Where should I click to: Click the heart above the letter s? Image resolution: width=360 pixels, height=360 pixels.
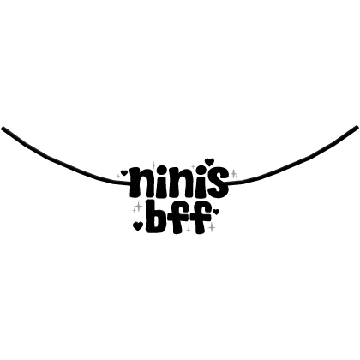pos(210,162)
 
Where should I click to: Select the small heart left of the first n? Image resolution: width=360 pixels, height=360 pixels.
pos(123,172)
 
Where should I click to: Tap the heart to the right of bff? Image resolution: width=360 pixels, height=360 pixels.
pos(216,212)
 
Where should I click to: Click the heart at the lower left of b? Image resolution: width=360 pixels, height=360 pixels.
pos(138,225)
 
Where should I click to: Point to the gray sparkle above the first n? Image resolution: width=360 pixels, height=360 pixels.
pos(153,165)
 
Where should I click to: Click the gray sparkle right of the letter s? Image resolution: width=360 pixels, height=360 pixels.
pos(234,173)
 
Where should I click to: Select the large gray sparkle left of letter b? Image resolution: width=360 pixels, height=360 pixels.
pos(139,206)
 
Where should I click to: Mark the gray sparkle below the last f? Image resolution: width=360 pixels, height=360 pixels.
pos(212,228)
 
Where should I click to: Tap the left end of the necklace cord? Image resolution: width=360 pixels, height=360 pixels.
pos(3,128)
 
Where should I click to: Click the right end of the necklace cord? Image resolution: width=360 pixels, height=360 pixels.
pos(357,127)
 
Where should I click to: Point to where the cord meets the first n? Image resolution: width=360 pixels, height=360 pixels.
pos(130,183)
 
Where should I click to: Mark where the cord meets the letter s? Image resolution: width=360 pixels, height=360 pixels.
pos(228,183)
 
